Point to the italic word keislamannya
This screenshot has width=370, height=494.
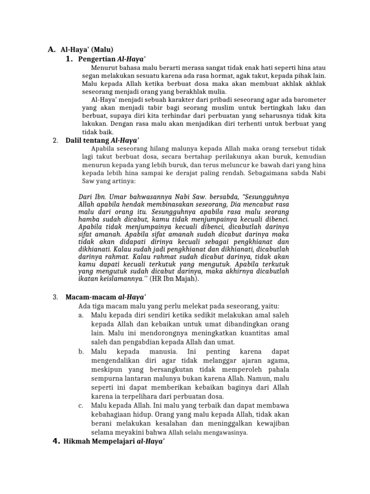(x=124, y=278)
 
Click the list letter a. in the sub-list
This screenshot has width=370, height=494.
(x=80, y=315)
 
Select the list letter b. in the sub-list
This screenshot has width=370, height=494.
(x=80, y=352)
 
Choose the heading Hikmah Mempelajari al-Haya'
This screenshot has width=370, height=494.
(x=115, y=443)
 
